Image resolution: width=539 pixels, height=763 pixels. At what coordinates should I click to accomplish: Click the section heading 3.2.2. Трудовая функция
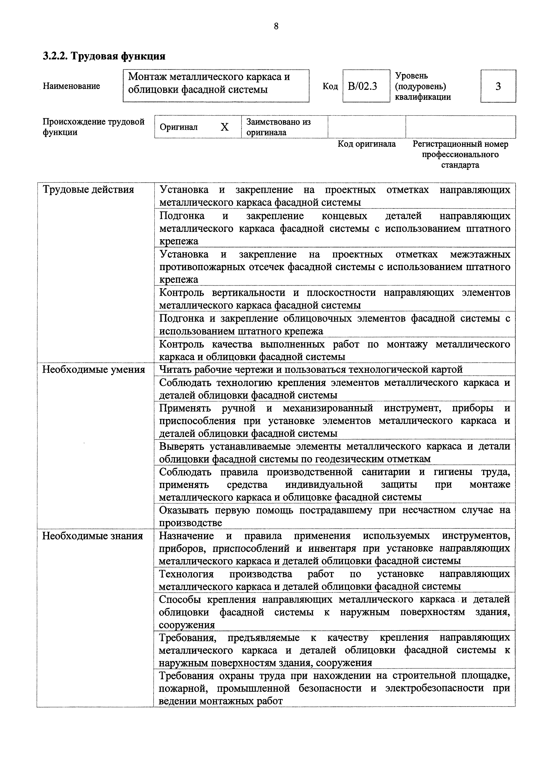[104, 56]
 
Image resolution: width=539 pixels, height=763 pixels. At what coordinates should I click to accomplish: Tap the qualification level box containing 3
[498, 86]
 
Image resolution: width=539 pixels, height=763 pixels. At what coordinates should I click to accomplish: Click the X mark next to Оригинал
[225, 127]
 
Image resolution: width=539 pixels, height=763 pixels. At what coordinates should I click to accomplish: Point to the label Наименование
[72, 86]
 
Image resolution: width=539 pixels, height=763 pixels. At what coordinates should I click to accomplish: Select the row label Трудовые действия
[88, 190]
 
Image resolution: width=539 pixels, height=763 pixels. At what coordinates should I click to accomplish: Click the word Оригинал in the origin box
[179, 127]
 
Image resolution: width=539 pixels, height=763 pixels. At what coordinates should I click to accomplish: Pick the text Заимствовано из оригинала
[278, 127]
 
